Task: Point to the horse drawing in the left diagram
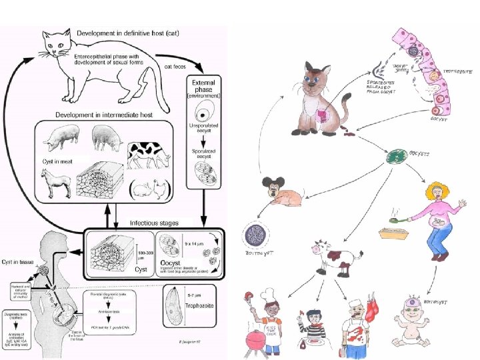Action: click(x=55, y=181)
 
